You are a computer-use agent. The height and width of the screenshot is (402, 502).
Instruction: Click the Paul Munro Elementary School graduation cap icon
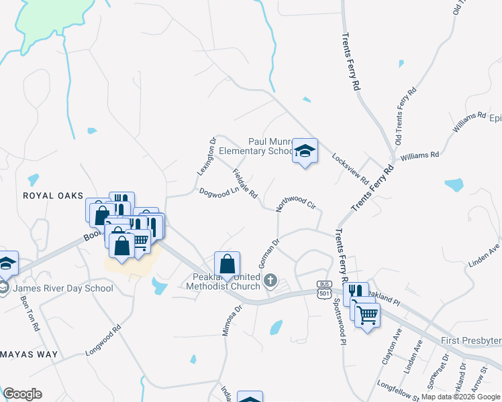point(305,151)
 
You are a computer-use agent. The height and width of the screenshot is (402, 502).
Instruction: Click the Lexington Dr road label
point(207,157)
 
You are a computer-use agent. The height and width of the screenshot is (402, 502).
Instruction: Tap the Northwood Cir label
point(296,204)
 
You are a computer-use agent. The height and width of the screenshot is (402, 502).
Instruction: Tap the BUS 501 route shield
point(325,289)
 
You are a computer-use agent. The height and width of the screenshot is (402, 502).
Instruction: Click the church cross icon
point(270,280)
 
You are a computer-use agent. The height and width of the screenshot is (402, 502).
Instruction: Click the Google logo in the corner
point(22,394)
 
